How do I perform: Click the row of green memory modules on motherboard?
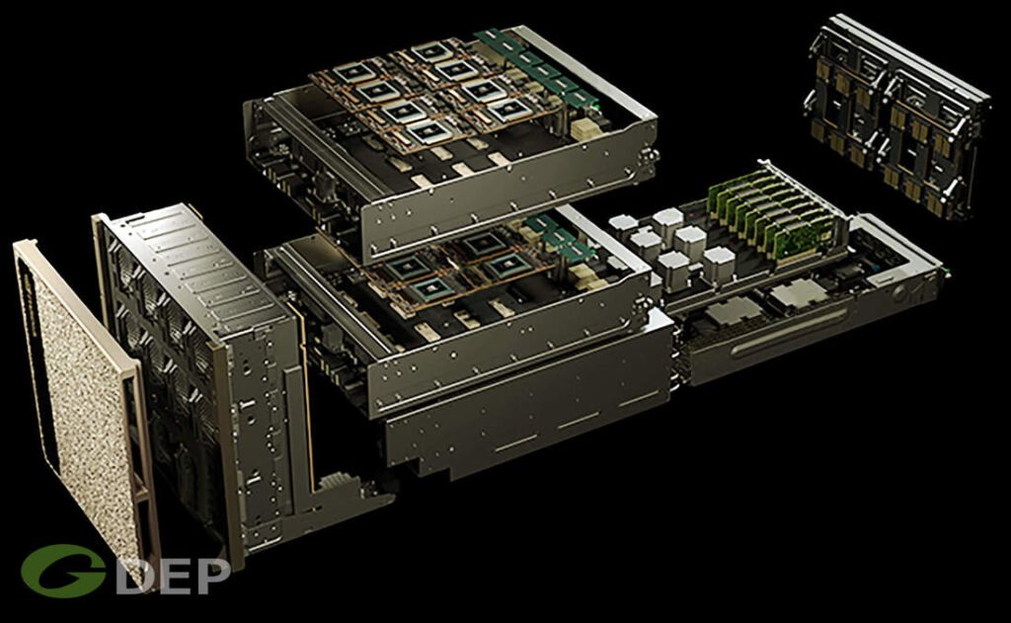point(770,212)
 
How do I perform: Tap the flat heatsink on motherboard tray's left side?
point(726,313)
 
